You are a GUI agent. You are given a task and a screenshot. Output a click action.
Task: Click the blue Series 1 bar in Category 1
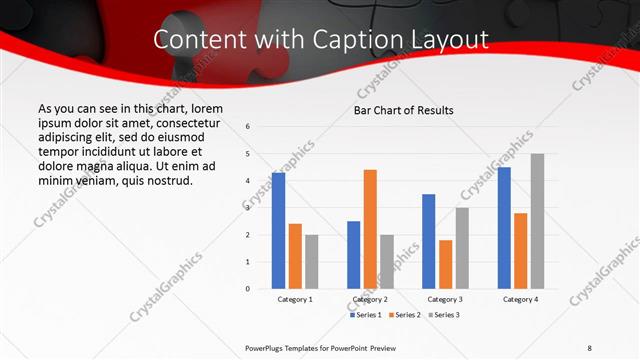click(278, 231)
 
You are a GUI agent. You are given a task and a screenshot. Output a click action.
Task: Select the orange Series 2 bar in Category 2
click(369, 229)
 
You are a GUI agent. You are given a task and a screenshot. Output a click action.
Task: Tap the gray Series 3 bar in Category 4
click(537, 221)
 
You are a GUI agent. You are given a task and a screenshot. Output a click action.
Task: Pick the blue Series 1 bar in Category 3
click(428, 241)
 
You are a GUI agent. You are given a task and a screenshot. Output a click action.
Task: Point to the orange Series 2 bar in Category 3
click(444, 264)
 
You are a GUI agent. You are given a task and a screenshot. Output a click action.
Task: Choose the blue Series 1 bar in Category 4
click(504, 228)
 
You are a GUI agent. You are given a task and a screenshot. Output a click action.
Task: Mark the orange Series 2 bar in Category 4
click(520, 251)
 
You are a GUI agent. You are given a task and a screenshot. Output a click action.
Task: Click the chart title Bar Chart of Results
click(404, 110)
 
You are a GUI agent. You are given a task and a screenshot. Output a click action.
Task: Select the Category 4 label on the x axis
click(520, 299)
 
